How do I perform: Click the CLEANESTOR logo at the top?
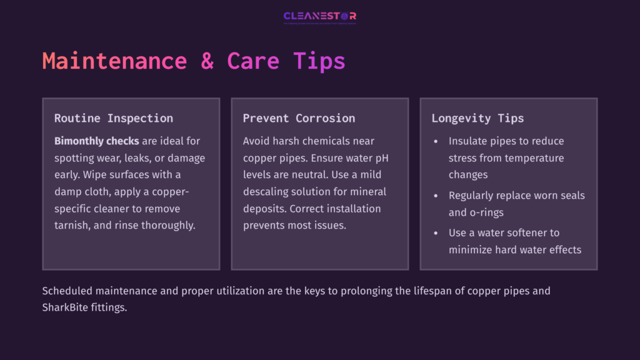point(319,17)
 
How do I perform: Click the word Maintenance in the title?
point(114,61)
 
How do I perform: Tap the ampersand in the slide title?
point(206,61)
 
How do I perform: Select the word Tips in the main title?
point(319,61)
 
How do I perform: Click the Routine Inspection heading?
point(114,118)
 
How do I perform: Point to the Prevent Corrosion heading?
point(299,118)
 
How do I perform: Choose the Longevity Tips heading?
point(477,118)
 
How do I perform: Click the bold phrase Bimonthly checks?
point(97,141)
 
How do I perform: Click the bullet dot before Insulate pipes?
point(436,142)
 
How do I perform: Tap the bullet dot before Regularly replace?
point(436,196)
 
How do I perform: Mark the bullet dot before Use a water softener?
point(436,233)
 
